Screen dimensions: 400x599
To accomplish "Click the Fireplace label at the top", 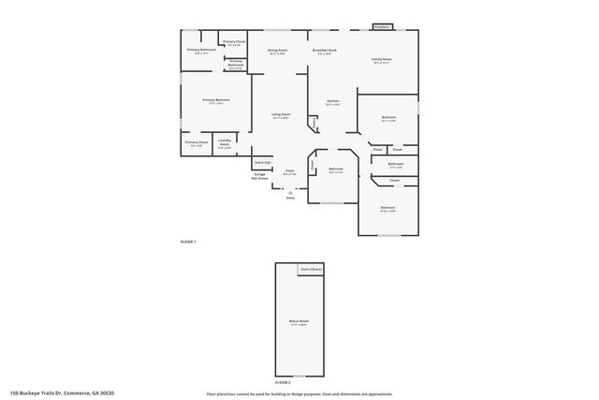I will [x=381, y=27].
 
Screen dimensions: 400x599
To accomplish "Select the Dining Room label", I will [x=277, y=52].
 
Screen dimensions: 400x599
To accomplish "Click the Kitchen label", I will [x=332, y=102].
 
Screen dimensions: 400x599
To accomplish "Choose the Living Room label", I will [x=280, y=115].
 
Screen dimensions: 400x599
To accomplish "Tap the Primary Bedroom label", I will [x=216, y=100].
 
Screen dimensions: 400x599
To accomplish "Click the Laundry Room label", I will [x=224, y=143].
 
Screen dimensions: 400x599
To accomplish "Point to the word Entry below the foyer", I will [x=290, y=198].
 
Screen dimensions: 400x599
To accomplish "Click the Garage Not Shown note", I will [x=260, y=175].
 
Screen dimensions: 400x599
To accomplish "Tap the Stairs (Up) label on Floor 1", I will [x=263, y=162].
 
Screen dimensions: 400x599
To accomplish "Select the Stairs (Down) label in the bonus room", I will [x=312, y=270].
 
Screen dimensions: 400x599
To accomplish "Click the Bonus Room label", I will [x=299, y=322].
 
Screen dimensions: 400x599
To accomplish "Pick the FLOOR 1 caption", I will [x=188, y=242].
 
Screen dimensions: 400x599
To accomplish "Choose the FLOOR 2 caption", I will [x=283, y=382].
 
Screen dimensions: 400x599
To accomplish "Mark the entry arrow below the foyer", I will [x=290, y=190].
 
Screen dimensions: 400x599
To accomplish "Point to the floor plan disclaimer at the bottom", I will [x=299, y=393].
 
